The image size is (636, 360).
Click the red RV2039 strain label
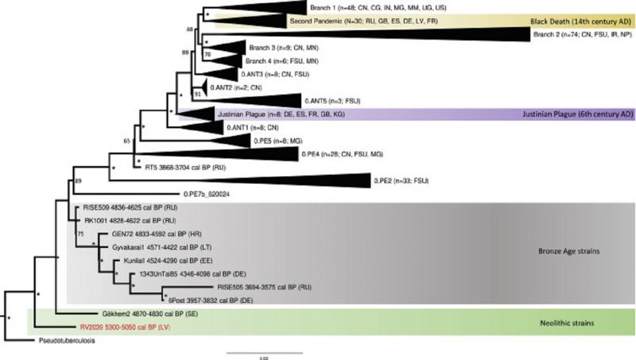tap(123, 325)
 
